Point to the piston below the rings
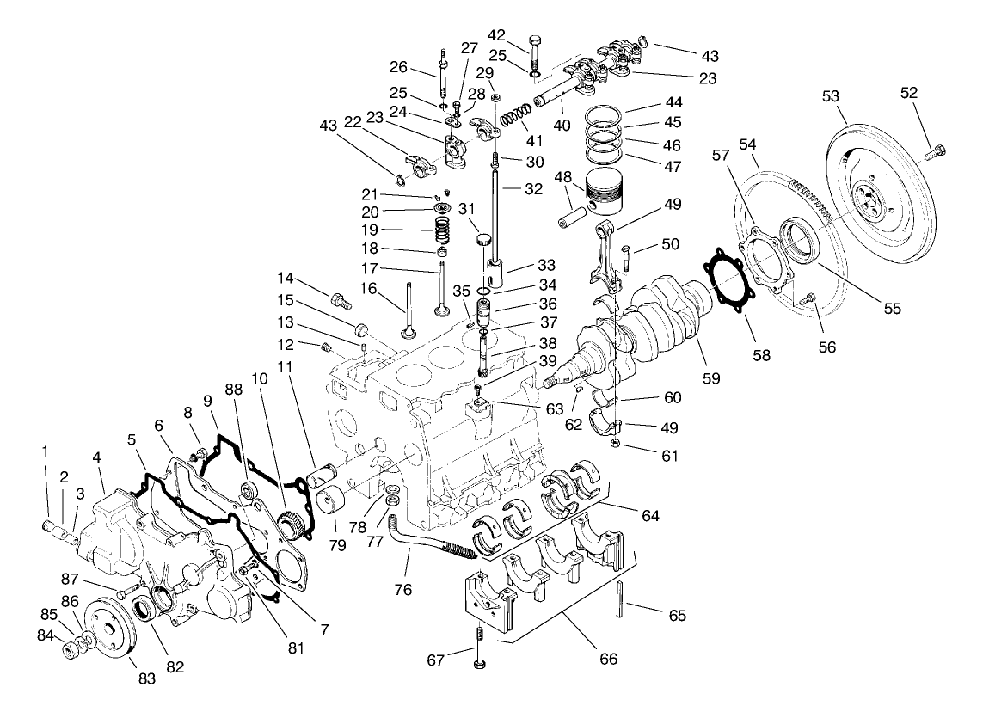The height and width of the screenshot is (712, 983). [613, 199]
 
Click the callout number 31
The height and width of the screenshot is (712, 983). [467, 209]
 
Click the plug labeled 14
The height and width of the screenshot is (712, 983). [341, 301]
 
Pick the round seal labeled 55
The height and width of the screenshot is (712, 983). [798, 242]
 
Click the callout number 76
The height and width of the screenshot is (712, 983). [402, 590]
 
